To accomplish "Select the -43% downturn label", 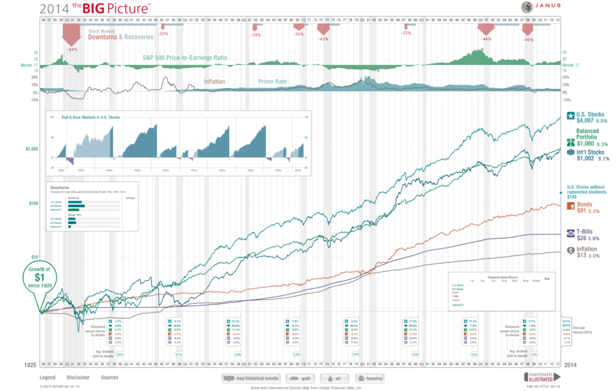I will [x=323, y=38].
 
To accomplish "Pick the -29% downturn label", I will [x=256, y=35].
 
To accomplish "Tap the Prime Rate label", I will [x=274, y=80].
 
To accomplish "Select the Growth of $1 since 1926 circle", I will [x=39, y=278].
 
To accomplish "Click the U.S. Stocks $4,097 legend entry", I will [x=590, y=117].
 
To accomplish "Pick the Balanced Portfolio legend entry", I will [x=589, y=137].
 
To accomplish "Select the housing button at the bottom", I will [x=369, y=378].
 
